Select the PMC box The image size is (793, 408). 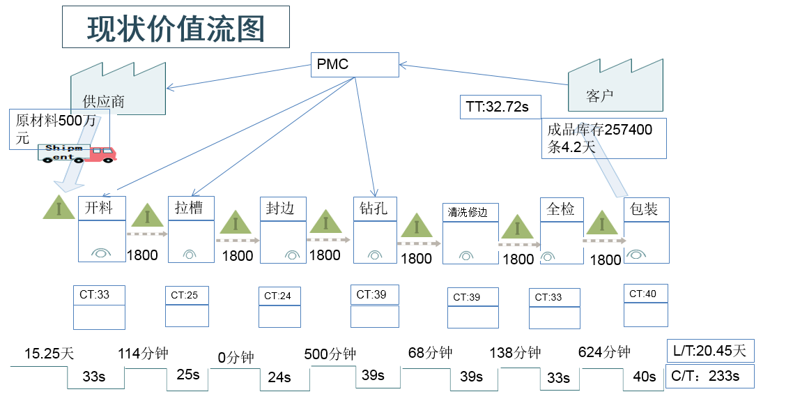point(355,65)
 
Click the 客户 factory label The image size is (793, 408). point(599,96)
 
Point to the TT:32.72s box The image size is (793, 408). point(497,107)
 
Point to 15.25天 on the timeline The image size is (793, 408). point(49,353)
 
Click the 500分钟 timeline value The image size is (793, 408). point(330,354)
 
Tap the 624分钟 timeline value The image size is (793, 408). point(604,352)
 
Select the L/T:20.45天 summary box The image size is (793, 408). point(710,351)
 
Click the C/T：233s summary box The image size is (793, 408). point(710,375)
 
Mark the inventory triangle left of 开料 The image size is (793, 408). point(59,207)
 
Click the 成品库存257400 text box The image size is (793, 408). point(603,137)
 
